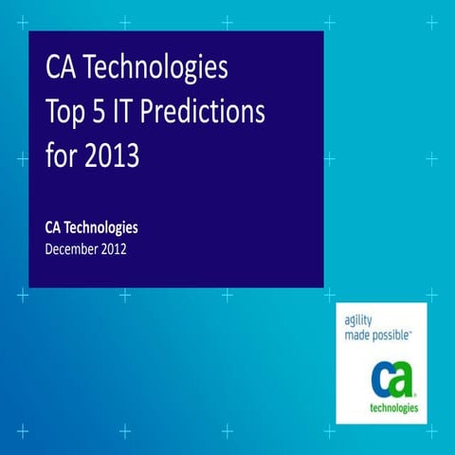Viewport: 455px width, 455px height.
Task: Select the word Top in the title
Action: tap(68, 113)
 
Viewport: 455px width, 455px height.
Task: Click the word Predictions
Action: tap(214, 113)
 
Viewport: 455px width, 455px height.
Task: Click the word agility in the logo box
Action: tap(360, 320)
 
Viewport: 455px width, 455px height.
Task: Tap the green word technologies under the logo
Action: tap(392, 408)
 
